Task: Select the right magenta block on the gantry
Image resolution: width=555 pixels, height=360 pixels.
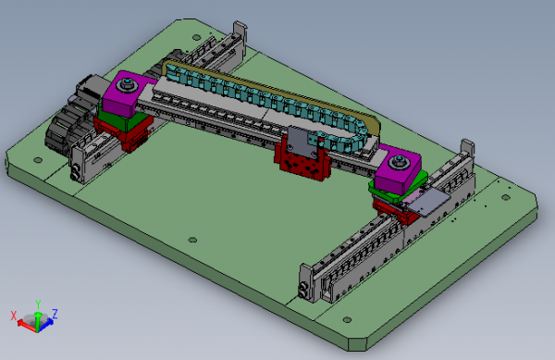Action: [x=396, y=170]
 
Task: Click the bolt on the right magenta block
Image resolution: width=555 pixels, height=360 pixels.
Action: [x=400, y=164]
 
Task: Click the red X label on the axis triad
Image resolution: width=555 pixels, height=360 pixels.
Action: [x=12, y=317]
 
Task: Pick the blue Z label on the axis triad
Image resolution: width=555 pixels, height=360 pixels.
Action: [x=55, y=313]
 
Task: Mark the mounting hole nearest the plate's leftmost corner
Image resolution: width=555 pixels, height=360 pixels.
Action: [x=38, y=158]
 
